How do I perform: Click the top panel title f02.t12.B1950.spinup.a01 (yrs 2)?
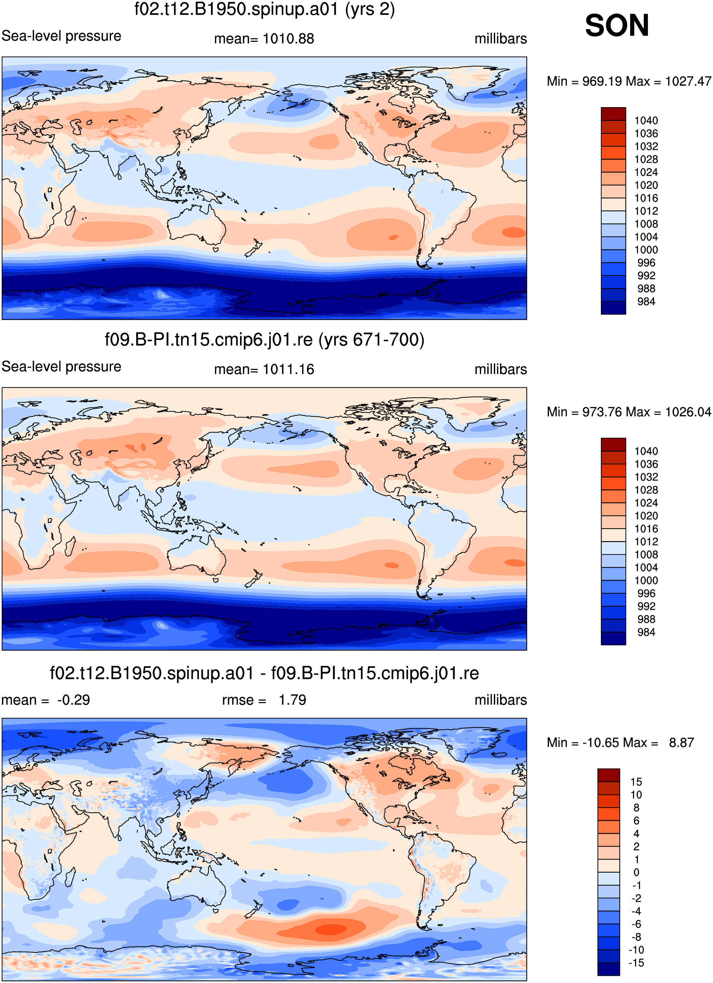tap(265, 9)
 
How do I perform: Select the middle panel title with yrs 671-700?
tap(265, 340)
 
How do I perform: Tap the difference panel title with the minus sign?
tap(265, 673)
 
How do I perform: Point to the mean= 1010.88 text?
tap(264, 39)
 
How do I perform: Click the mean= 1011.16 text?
tap(264, 369)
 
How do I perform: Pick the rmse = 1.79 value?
tap(264, 700)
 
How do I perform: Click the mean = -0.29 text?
tap(45, 700)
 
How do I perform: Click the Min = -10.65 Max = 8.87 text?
tap(620, 742)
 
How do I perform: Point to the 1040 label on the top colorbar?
tap(646, 121)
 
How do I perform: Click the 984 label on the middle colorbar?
tap(646, 632)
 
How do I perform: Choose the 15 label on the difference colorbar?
tap(636, 782)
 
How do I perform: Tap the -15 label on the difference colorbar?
tap(636, 963)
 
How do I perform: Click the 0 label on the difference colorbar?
tap(636, 872)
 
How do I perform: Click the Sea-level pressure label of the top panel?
tap(61, 36)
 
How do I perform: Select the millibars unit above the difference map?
tap(501, 700)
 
